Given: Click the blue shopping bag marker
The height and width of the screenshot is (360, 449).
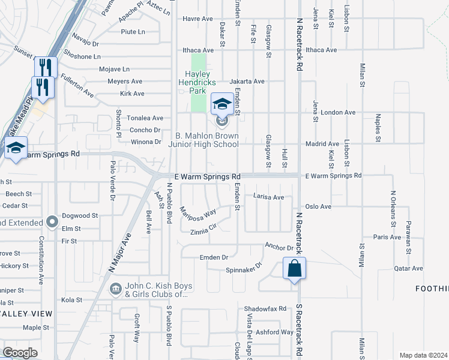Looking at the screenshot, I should (294, 269).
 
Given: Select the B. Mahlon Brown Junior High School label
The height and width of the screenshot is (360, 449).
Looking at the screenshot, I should (206, 140).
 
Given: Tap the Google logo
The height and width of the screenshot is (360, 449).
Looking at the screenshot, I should (20, 353).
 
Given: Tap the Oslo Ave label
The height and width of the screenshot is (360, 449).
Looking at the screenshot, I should (318, 206).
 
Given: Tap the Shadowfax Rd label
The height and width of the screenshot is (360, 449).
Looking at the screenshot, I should (265, 308).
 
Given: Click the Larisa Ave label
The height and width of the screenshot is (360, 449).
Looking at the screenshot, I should (268, 197).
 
